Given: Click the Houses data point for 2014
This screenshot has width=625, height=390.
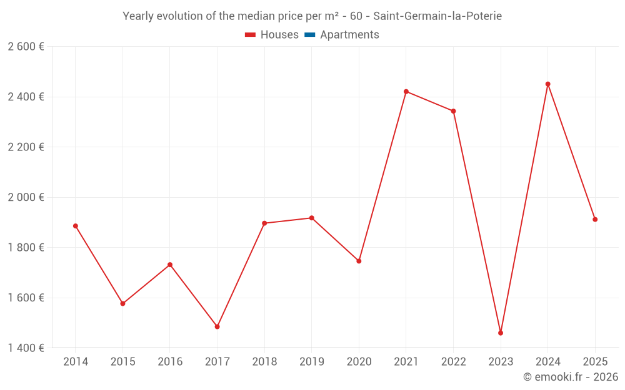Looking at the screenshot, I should (x=76, y=226).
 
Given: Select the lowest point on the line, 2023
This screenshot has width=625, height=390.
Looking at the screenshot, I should (x=501, y=333).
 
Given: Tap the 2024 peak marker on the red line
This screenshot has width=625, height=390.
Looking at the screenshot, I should (x=547, y=84).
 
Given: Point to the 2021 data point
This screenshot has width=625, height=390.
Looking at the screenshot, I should (x=406, y=92).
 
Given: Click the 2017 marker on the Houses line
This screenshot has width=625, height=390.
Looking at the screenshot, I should (x=217, y=326).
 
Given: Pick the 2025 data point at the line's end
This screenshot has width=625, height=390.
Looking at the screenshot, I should (x=595, y=219).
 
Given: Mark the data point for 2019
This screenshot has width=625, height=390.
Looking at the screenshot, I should (x=311, y=218).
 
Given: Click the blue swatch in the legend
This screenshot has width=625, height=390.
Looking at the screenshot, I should (x=309, y=35).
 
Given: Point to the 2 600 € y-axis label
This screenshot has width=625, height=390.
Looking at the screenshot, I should (x=26, y=47).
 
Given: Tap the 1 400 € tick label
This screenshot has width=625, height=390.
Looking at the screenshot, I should (x=26, y=348).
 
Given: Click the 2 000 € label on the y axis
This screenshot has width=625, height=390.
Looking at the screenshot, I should (x=26, y=197).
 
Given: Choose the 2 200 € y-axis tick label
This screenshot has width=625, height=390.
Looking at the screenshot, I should (x=26, y=147).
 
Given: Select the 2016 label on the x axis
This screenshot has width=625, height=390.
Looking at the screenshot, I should (x=170, y=362).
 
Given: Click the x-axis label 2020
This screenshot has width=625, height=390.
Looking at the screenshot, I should (x=359, y=362).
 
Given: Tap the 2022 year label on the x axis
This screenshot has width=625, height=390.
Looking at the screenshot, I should (x=453, y=362).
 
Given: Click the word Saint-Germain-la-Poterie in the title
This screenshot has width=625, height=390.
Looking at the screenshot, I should (x=437, y=16).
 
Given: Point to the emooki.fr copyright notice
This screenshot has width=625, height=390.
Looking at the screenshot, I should (x=571, y=377).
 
